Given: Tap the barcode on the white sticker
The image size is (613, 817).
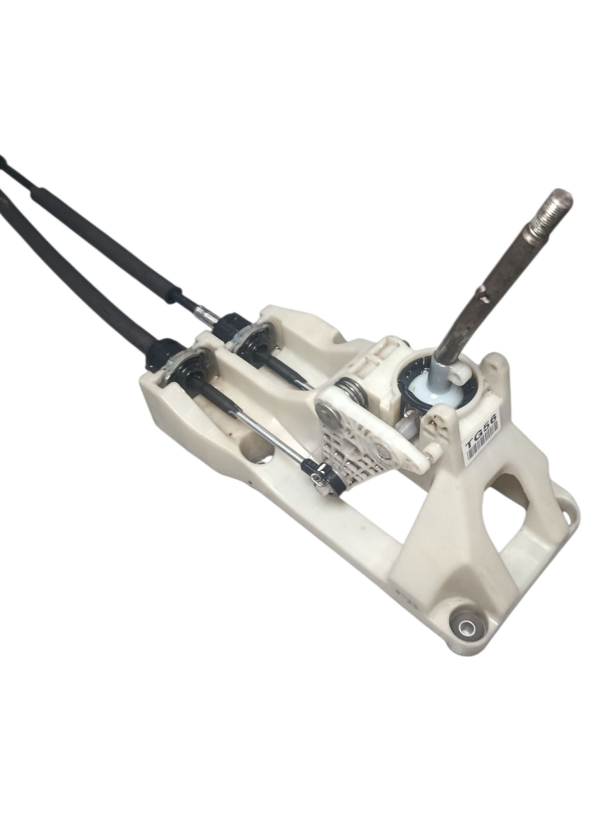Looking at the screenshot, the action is (x=486, y=444).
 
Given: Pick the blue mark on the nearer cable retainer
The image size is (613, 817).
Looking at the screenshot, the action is (x=172, y=362).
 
